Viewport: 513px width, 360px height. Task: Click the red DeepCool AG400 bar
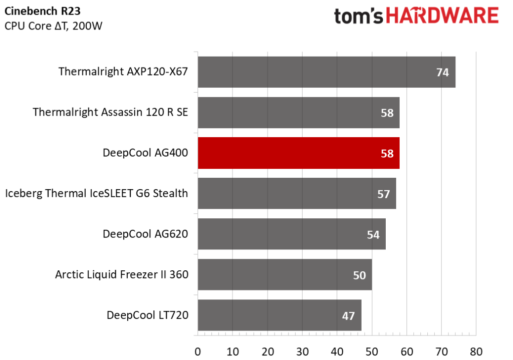tap(299, 153)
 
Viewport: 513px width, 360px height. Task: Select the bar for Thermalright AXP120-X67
tap(327, 72)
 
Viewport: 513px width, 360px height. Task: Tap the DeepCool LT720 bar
tap(280, 315)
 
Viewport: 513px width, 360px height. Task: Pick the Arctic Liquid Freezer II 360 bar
tap(285, 275)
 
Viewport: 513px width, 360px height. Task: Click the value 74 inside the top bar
tap(442, 72)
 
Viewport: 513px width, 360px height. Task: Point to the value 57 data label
tap(383, 194)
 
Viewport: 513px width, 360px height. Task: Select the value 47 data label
tap(349, 316)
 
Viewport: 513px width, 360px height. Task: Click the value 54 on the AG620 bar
tap(373, 235)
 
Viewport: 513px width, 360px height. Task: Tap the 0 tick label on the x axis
tap(197, 351)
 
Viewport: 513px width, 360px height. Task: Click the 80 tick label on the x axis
tap(476, 351)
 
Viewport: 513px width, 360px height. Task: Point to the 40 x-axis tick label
tap(337, 351)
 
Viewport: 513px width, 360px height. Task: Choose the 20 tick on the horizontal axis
tap(268, 351)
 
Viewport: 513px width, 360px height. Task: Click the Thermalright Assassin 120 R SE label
tap(110, 112)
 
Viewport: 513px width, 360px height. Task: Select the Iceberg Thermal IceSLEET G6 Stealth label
tap(97, 193)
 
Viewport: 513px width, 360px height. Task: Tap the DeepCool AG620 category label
tap(145, 234)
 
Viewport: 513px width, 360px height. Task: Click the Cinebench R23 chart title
tap(43, 11)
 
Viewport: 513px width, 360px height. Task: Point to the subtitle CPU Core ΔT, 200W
tap(53, 26)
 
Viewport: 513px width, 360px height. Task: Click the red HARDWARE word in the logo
tap(442, 16)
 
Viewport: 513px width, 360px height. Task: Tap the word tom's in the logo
tap(359, 17)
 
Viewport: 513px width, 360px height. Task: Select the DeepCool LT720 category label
tap(148, 315)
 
